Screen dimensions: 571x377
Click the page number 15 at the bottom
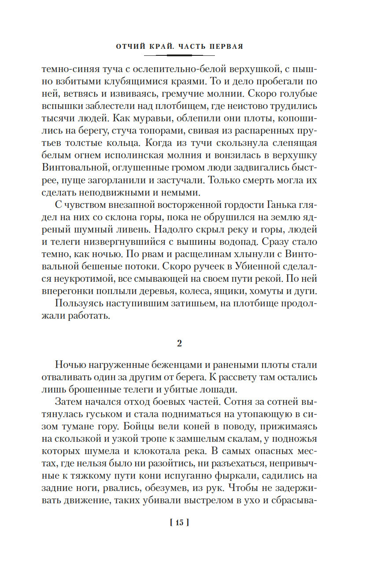(179, 523)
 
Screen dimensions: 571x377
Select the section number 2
(179, 344)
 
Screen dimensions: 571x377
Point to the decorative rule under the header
(179, 55)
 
